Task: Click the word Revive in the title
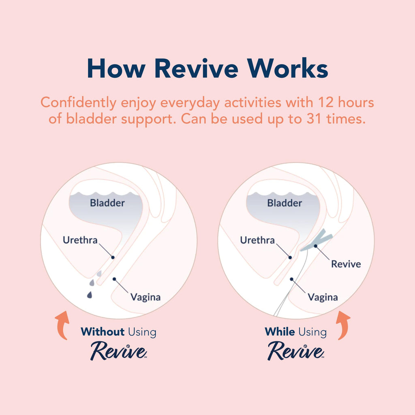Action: coord(196,68)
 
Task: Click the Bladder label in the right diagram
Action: coord(285,203)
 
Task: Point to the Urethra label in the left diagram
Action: coord(80,240)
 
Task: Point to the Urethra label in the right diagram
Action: coord(257,240)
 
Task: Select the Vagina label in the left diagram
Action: coord(145,297)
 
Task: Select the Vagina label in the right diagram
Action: coord(323,297)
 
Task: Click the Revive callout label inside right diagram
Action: coord(346,264)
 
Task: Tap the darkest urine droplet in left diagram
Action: coord(90,295)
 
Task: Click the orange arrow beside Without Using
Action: coord(61,325)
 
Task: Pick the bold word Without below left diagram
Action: coord(103,332)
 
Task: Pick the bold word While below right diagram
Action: coord(279,332)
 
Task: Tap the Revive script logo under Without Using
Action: coord(118,351)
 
